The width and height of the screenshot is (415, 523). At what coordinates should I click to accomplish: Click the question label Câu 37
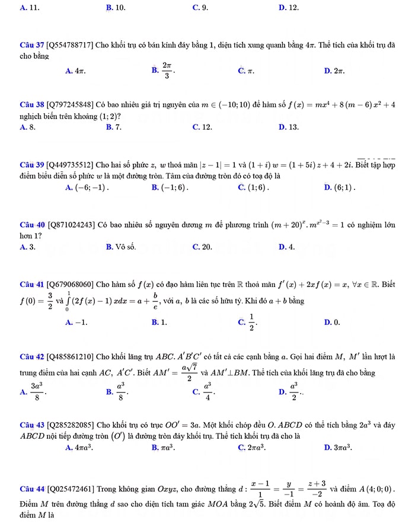pyautogui.click(x=30, y=46)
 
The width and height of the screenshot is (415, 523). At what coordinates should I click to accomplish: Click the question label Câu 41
pyautogui.click(x=30, y=284)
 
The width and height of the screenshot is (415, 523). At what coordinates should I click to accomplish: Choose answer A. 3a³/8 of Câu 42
pyautogui.click(x=32, y=391)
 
